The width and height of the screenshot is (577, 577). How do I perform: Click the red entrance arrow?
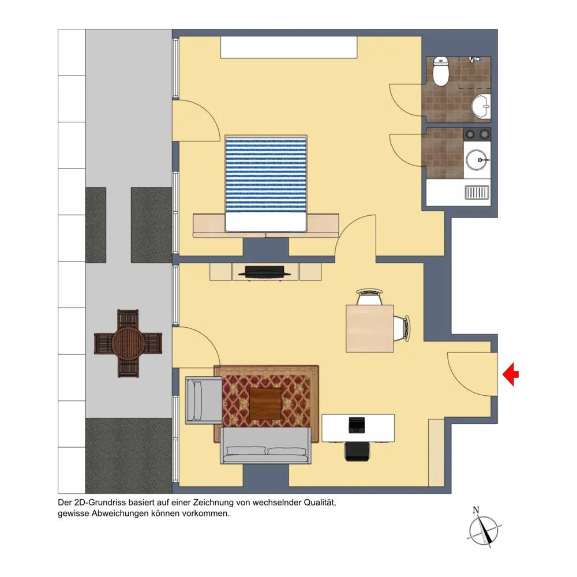pyautogui.click(x=511, y=374)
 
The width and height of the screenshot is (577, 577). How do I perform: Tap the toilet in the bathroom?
pyautogui.click(x=440, y=71)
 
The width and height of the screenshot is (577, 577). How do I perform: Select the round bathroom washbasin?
pyautogui.click(x=481, y=106)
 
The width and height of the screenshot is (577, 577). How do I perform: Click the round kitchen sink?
pyautogui.click(x=477, y=160)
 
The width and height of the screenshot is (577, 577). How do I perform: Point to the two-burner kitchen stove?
pyautogui.click(x=477, y=134)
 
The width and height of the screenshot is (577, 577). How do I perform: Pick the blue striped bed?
pyautogui.click(x=265, y=183)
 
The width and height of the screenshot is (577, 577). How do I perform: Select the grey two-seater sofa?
pyautogui.click(x=265, y=445)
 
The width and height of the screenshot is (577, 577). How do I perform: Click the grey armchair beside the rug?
pyautogui.click(x=204, y=400)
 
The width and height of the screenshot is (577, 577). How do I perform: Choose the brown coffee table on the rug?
pyautogui.click(x=265, y=404)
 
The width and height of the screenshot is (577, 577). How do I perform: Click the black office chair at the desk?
pyautogui.click(x=357, y=452)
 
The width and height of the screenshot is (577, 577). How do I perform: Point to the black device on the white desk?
pyautogui.click(x=356, y=425)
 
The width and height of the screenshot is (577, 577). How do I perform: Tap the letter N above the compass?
pyautogui.click(x=476, y=510)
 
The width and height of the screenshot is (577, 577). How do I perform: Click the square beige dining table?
pyautogui.click(x=369, y=328)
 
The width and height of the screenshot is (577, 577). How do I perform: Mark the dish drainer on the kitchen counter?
pyautogui.click(x=477, y=193)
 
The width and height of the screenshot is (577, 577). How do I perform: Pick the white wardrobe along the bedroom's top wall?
pyautogui.click(x=289, y=47)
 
